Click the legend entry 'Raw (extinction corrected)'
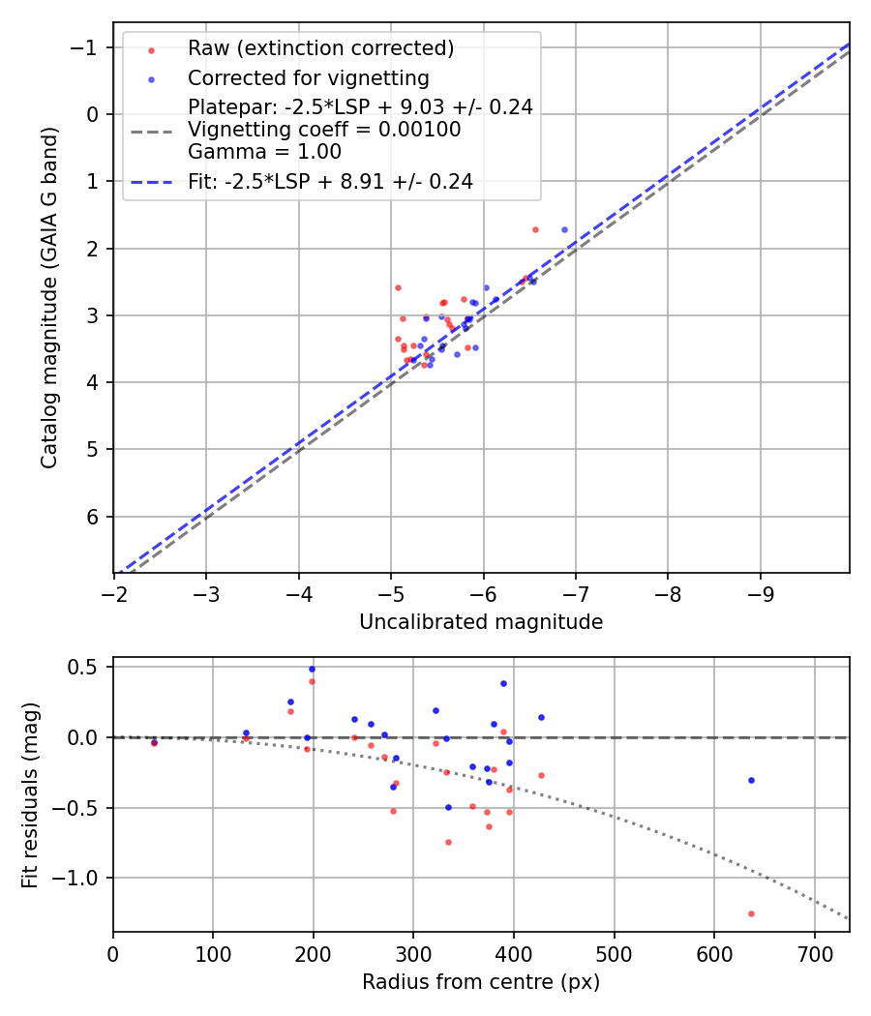(320, 48)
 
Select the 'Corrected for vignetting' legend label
(308, 77)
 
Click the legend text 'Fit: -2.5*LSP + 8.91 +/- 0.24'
(330, 181)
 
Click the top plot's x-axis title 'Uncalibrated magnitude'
(481, 622)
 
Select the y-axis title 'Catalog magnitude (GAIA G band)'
(49, 298)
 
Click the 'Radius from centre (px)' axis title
(481, 982)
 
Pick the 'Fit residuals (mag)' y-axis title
(30, 794)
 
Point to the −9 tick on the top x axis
(760, 589)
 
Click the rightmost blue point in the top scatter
(564, 230)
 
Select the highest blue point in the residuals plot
(312, 669)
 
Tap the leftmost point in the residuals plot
(154, 742)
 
